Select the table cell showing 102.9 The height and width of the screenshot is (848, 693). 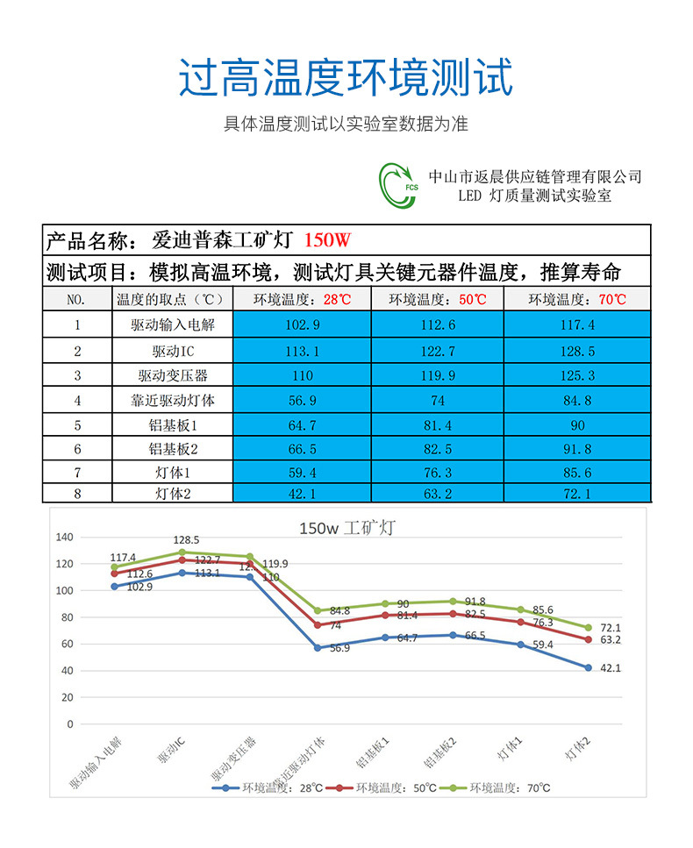pyautogui.click(x=303, y=325)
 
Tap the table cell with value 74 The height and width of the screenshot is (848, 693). pyautogui.click(x=438, y=401)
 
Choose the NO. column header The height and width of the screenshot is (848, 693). pyautogui.click(x=77, y=299)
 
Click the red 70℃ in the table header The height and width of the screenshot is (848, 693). pyautogui.click(x=612, y=299)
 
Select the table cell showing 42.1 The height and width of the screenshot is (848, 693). pyautogui.click(x=303, y=494)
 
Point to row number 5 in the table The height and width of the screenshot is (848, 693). pyautogui.click(x=77, y=425)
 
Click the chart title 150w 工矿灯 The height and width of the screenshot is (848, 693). pyautogui.click(x=346, y=528)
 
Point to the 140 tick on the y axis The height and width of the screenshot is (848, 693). pyautogui.click(x=65, y=537)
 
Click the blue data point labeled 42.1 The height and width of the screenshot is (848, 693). pyautogui.click(x=588, y=667)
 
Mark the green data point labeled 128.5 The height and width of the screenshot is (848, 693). pyautogui.click(x=182, y=552)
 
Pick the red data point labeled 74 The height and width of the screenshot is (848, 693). pyautogui.click(x=318, y=625)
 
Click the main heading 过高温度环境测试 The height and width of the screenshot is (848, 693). pyautogui.click(x=346, y=78)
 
